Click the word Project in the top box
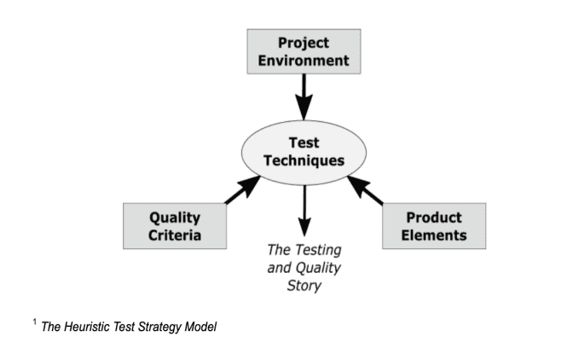point(304,44)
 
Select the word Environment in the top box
point(304,61)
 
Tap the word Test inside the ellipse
point(304,143)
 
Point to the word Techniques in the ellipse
point(304,161)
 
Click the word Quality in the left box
point(175,218)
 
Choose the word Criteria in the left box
point(175,235)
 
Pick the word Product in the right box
point(434,218)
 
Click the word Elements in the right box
point(434,235)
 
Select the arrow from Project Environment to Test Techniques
point(304,97)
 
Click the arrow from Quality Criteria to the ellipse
point(243,189)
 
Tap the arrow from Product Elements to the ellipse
point(365,189)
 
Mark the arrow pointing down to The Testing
point(304,211)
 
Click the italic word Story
point(304,286)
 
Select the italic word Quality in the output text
point(318,268)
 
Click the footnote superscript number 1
point(35,322)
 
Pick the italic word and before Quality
point(280,268)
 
